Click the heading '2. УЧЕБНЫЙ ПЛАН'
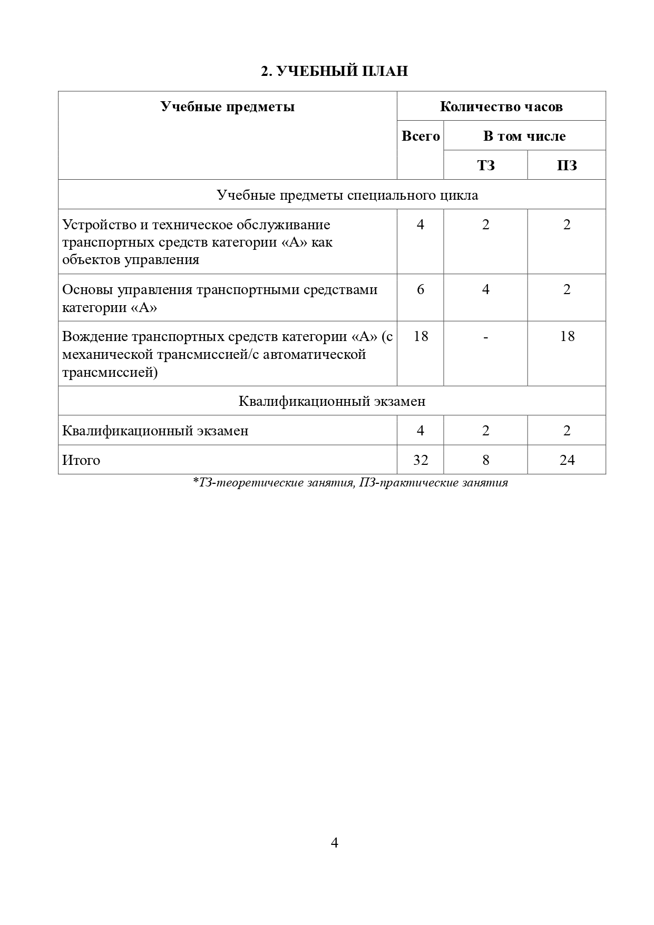(334, 71)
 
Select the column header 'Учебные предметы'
(227, 107)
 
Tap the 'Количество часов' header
(501, 107)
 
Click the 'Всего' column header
(420, 137)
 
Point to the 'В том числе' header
(524, 137)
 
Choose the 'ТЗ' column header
(485, 165)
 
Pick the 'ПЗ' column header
(567, 165)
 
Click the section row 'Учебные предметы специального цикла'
(347, 195)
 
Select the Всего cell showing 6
(420, 290)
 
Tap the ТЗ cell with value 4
(485, 290)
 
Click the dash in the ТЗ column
(485, 337)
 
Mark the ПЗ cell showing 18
(567, 337)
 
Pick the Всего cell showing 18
(420, 337)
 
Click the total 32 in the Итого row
(420, 460)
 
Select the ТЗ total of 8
(485, 460)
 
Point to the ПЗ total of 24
(567, 460)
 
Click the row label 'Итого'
(81, 460)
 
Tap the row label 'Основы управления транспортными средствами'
(220, 290)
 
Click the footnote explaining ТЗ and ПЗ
(350, 483)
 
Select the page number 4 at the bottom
(334, 843)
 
